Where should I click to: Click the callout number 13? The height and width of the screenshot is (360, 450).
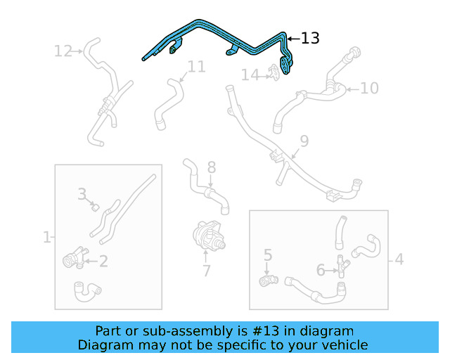pyautogui.click(x=310, y=38)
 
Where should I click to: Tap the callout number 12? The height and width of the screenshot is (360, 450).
pyautogui.click(x=63, y=51)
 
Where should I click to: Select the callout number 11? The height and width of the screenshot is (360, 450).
pyautogui.click(x=197, y=67)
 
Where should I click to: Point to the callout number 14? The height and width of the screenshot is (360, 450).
pyautogui.click(x=250, y=74)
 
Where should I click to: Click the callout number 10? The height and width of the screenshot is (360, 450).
pyautogui.click(x=369, y=88)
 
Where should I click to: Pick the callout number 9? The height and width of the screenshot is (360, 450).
pyautogui.click(x=304, y=141)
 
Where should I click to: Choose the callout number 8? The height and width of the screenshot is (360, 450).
pyautogui.click(x=211, y=167)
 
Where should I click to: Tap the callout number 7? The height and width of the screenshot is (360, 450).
pyautogui.click(x=206, y=271)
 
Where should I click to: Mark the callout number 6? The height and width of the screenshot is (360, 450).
pyautogui.click(x=321, y=269)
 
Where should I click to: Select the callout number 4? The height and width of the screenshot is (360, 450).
pyautogui.click(x=399, y=259)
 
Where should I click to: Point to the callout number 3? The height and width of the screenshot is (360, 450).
pyautogui.click(x=82, y=193)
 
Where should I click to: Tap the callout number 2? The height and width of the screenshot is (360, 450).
pyautogui.click(x=103, y=262)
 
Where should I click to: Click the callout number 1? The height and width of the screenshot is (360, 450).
pyautogui.click(x=46, y=237)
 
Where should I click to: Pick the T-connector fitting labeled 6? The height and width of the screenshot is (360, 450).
pyautogui.click(x=342, y=266)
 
